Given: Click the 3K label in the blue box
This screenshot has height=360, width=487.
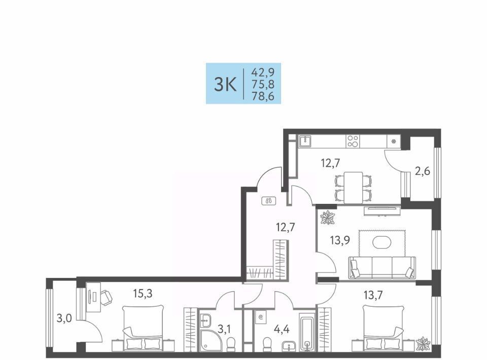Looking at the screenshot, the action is click(x=225, y=84).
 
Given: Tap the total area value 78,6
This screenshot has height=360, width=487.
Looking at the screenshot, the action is click(x=263, y=96).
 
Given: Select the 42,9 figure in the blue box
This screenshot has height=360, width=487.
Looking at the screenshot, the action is click(x=263, y=73).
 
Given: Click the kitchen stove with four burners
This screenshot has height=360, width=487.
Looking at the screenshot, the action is click(x=353, y=141).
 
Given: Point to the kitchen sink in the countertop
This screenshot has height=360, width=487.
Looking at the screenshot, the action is click(x=305, y=141).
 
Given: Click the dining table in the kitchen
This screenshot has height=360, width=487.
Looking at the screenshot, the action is click(x=353, y=188).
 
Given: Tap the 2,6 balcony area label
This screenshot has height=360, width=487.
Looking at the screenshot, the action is click(x=423, y=171).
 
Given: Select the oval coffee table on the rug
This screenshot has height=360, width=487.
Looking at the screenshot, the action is click(x=382, y=242).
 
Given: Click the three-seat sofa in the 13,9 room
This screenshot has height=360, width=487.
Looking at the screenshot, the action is click(x=382, y=268).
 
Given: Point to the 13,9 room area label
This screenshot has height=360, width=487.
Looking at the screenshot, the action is click(x=340, y=240).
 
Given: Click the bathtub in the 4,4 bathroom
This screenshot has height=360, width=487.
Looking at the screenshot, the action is click(x=307, y=332).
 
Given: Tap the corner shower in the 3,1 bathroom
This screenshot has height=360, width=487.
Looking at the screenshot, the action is click(x=210, y=340).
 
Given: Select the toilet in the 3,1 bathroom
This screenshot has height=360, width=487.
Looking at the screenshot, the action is click(x=231, y=344).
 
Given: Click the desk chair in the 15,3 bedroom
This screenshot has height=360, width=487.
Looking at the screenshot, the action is click(x=106, y=297).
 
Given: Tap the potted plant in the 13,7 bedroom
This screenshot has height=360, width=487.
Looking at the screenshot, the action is click(x=423, y=344).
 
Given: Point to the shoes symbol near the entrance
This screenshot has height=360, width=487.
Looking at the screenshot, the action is click(x=269, y=201).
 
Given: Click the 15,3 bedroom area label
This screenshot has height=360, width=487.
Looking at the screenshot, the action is click(x=143, y=293).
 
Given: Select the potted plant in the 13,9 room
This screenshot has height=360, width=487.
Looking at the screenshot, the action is click(x=327, y=217).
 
